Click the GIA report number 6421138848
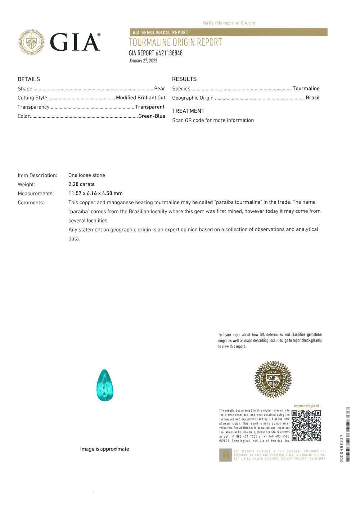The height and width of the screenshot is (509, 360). tap(156, 53)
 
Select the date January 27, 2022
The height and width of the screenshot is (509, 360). tap(143, 61)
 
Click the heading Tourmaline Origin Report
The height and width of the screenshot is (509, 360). tap(175, 42)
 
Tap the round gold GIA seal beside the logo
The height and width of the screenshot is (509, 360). tap(32, 42)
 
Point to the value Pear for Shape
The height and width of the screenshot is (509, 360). tap(159, 89)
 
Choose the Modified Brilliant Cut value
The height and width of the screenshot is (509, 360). tap(140, 98)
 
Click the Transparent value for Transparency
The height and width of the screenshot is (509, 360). tap(150, 107)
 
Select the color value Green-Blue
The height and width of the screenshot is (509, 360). tap(152, 116)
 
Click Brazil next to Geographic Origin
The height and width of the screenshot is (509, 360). tap(312, 98)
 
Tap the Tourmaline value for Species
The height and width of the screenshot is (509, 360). tap(306, 89)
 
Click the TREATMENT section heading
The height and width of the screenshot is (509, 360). tap(188, 111)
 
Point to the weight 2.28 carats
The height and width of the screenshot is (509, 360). tap(81, 184)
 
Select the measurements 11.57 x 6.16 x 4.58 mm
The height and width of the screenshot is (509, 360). tap(95, 193)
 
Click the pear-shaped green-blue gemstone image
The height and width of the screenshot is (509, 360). tap(105, 385)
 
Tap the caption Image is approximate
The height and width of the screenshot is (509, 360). tap(104, 449)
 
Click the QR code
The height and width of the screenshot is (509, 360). tap(306, 425)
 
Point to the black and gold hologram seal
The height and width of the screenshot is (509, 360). tap(273, 379)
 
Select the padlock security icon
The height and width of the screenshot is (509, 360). tap(225, 455)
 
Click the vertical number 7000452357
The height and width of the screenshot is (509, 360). tap(341, 448)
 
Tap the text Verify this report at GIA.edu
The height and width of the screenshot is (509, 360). tap(229, 23)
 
